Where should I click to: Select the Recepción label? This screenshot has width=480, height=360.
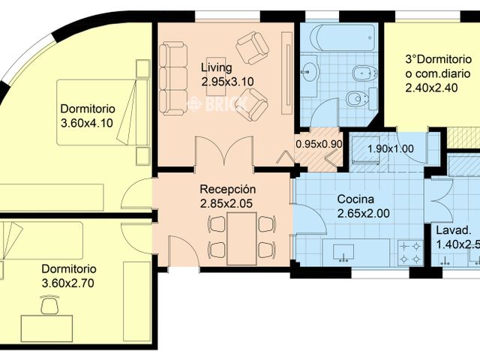coord(228,189)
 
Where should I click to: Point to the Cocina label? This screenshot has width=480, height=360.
coord(355,199)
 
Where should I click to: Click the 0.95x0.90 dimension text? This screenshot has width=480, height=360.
coord(319,143)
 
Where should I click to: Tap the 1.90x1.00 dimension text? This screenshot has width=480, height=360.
coord(390,148)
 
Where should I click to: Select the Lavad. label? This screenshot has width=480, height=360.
coord(454,230)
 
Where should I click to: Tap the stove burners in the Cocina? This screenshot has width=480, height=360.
coord(411,251)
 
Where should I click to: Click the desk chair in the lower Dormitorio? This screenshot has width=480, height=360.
coord(49,304)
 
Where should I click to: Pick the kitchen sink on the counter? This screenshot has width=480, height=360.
coord(345,251)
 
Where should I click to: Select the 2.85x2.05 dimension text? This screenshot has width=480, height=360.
coord(227,203)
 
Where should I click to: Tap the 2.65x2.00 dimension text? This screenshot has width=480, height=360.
coord(364,214)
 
